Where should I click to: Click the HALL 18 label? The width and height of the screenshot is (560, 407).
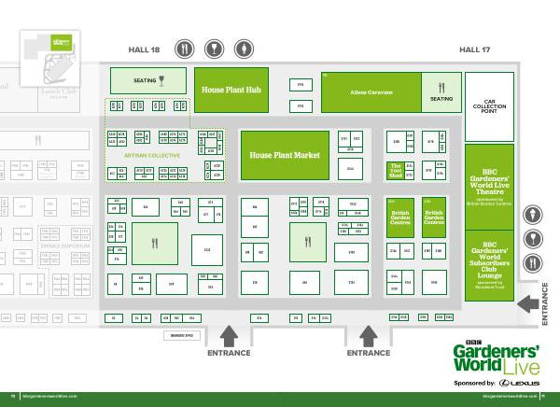[144, 49]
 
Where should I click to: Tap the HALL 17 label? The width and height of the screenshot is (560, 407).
[475, 49]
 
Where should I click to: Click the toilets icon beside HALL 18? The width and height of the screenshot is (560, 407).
[244, 49]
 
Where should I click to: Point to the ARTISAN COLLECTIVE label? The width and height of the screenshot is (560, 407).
[147, 155]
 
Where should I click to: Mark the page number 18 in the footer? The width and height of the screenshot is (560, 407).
[13, 396]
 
